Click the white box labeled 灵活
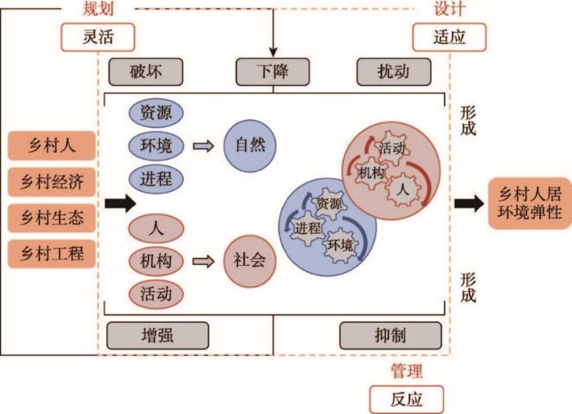pyautogui.click(x=98, y=37)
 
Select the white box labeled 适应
pyautogui.click(x=449, y=37)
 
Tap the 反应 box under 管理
pyautogui.click(x=406, y=399)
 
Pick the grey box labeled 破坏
pyautogui.click(x=145, y=72)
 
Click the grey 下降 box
pyautogui.click(x=272, y=72)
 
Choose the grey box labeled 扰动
pyautogui.click(x=394, y=72)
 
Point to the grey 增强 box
pyautogui.click(x=158, y=335)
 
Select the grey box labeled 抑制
pyautogui.click(x=391, y=335)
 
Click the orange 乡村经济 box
pyautogui.click(x=51, y=182)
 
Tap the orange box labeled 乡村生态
pyautogui.click(x=51, y=218)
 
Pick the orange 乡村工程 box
pyautogui.click(x=51, y=254)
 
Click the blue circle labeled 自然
pyautogui.click(x=250, y=146)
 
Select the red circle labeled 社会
pyautogui.click(x=250, y=261)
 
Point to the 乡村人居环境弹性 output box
pyautogui.click(x=530, y=204)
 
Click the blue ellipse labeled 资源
pyautogui.click(x=156, y=113)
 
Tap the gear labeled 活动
pyautogui.click(x=391, y=148)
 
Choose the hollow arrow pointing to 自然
pyautogui.click(x=203, y=146)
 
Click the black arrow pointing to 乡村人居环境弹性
pyautogui.click(x=469, y=203)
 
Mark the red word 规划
pyautogui.click(x=98, y=8)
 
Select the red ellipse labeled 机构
pyautogui.click(x=156, y=261)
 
